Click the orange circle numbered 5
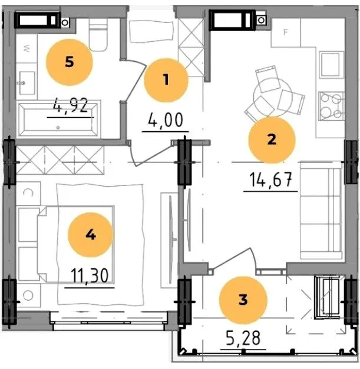pos(70,62)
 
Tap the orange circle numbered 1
pos(166,80)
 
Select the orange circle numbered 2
pos(272,140)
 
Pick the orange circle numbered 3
pos(243,300)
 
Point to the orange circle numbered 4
pos(91,235)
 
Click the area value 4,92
pos(71,106)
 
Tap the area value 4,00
pos(166,120)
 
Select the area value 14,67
pos(270,179)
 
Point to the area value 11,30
pos(90,275)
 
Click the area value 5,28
pos(243,338)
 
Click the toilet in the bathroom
pos(98,35)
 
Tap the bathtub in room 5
pos(58,120)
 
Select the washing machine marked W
pos(27,49)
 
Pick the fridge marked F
pos(286,32)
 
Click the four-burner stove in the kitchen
pos(331,106)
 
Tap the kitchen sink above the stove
pos(331,65)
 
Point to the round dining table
pos(272,97)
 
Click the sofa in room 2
pos(321,211)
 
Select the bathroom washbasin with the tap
pos(27,83)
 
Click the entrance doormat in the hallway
pos(151,32)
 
